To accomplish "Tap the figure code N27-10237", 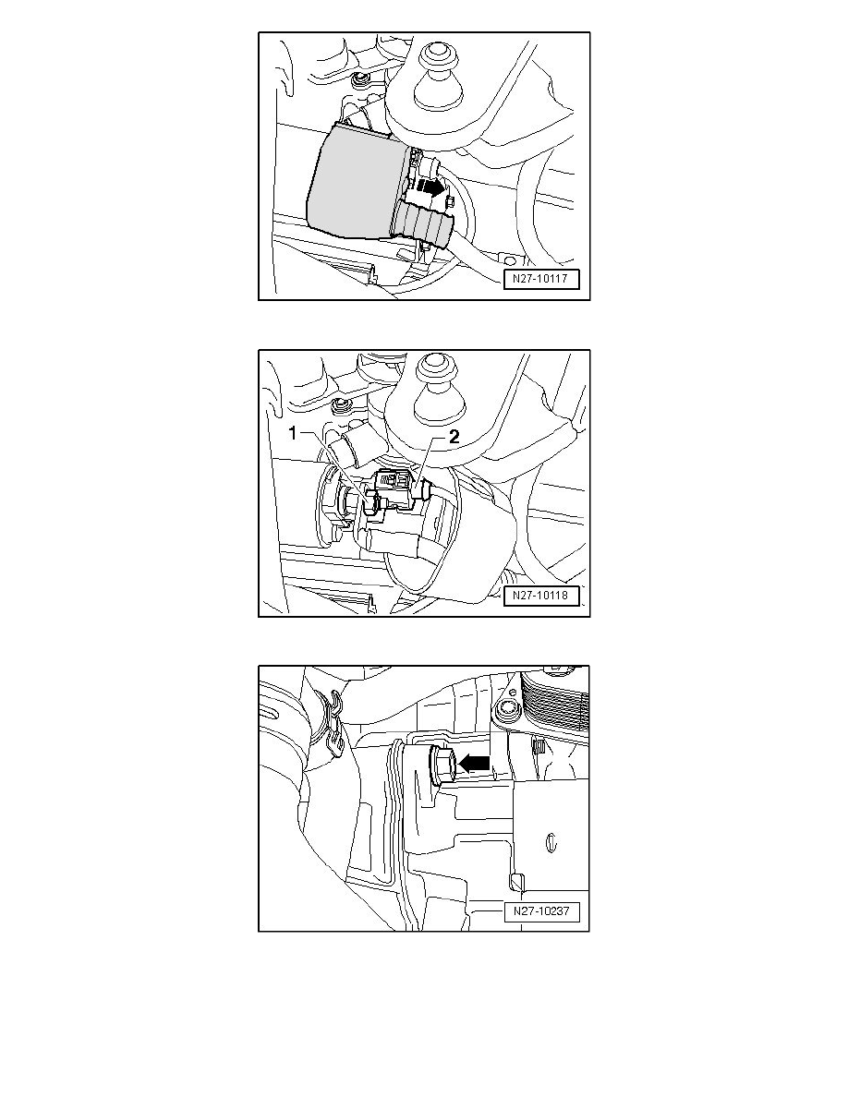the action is coord(541,911).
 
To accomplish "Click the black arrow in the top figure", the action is coord(431,187).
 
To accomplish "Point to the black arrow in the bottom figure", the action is coord(474,763).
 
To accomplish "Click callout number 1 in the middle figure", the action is coord(294,434).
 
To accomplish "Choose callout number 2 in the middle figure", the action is coord(454,437).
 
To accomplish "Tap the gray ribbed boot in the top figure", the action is coord(426,223).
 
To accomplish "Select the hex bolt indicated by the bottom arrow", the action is coord(442,765).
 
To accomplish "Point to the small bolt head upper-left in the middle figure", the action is coord(342,404).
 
